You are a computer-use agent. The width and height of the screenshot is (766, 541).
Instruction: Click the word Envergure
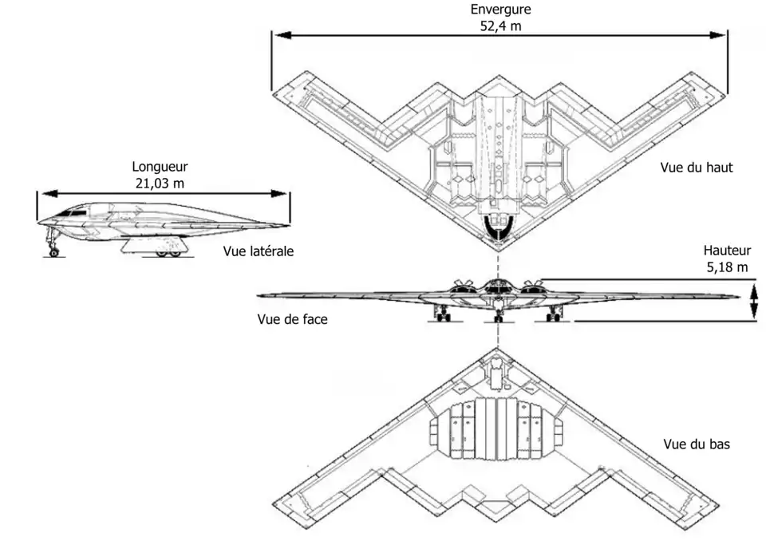[499, 10]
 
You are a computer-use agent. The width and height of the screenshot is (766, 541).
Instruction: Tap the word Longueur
[160, 167]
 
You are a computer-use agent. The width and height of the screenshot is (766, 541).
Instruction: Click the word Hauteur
[727, 251]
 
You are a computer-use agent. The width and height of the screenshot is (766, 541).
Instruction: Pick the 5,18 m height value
[727, 266]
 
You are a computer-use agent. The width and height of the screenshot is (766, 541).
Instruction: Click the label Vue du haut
[696, 168]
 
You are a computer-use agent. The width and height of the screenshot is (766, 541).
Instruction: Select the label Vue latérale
[259, 251]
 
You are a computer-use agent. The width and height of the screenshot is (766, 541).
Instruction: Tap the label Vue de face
[292, 318]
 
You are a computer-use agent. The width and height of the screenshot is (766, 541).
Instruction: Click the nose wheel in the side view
[53, 252]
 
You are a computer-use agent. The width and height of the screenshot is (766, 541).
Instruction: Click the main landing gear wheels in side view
[167, 252]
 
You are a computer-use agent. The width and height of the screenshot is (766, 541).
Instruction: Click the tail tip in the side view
[288, 225]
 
